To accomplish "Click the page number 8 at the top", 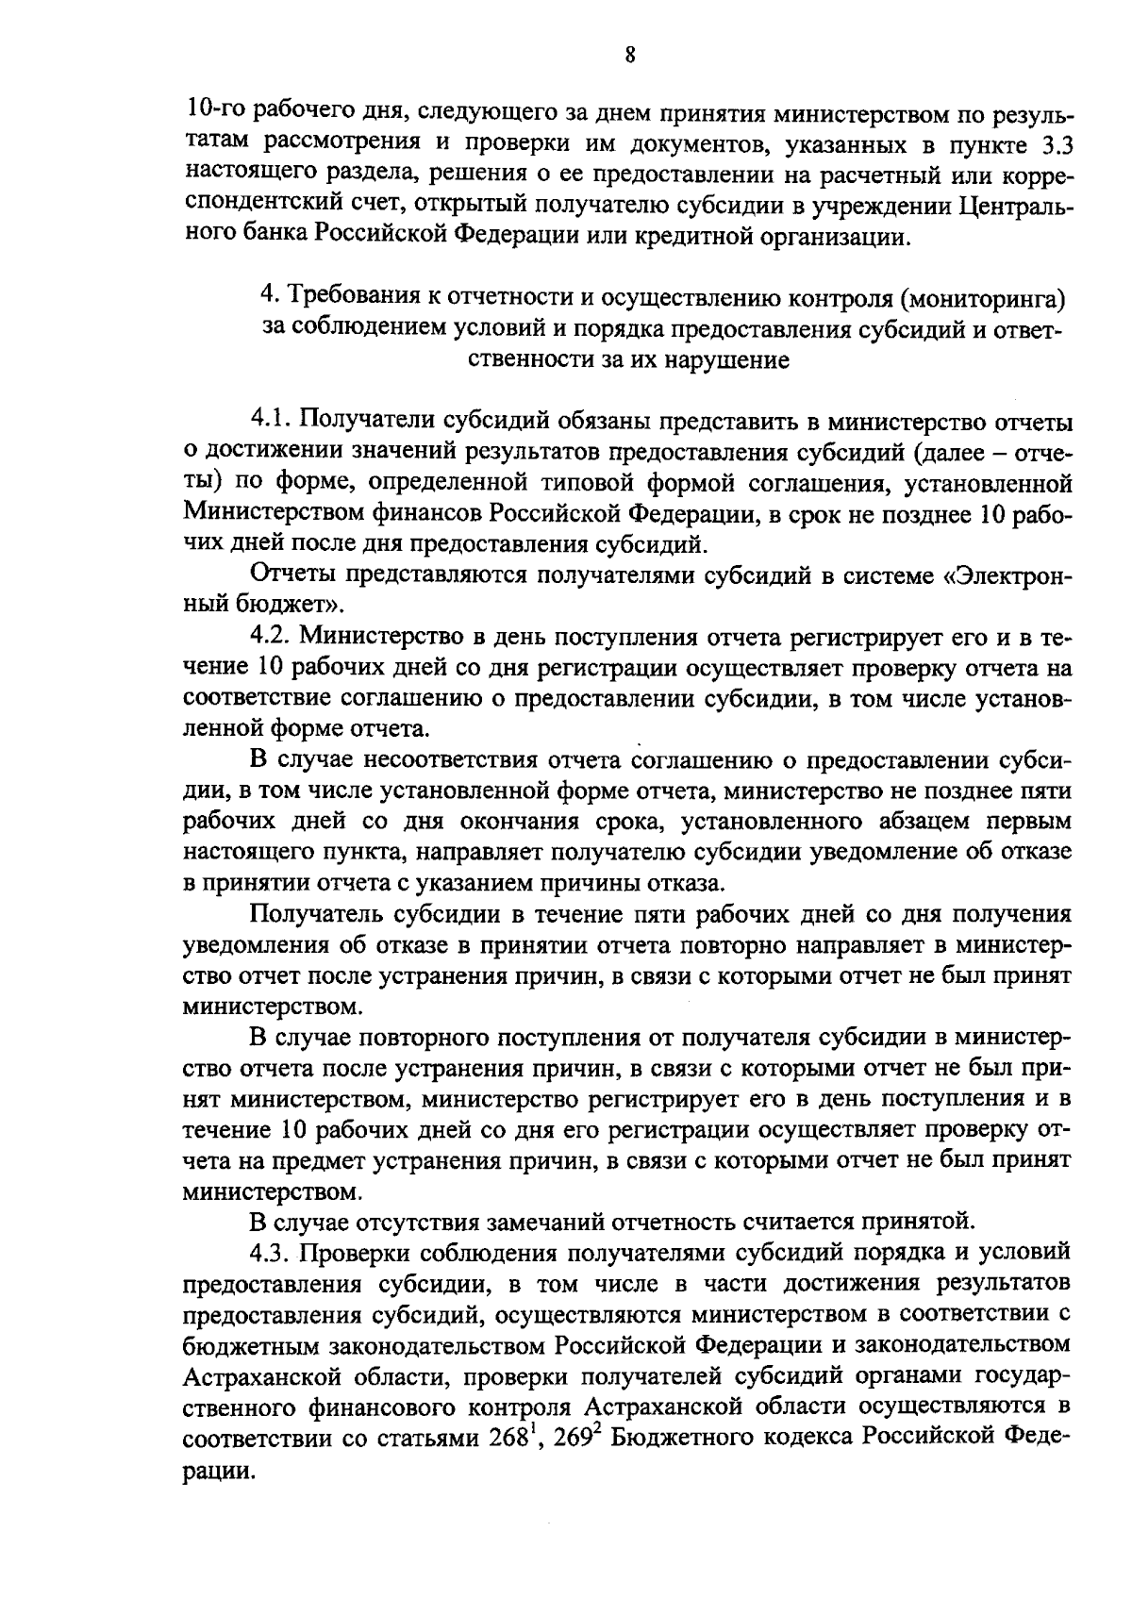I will click(629, 56).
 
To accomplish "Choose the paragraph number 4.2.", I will click(269, 638).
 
